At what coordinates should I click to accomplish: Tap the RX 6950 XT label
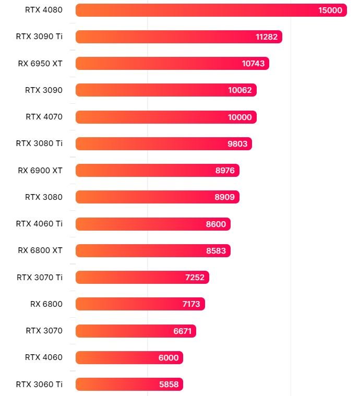(x=40, y=64)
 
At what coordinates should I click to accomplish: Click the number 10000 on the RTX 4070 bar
(x=239, y=117)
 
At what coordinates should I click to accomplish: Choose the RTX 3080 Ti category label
(x=39, y=143)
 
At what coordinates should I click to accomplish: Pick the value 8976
(x=225, y=170)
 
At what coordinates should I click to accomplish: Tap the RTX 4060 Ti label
(x=39, y=224)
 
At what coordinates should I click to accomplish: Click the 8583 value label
(x=216, y=250)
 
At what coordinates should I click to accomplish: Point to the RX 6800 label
(x=46, y=304)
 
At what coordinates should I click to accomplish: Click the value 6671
(x=183, y=331)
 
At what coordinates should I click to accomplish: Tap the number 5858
(x=169, y=385)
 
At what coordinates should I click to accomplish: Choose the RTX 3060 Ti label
(x=39, y=384)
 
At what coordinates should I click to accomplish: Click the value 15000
(x=330, y=10)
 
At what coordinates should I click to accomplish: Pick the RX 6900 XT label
(x=40, y=170)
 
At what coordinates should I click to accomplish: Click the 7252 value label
(x=195, y=277)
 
